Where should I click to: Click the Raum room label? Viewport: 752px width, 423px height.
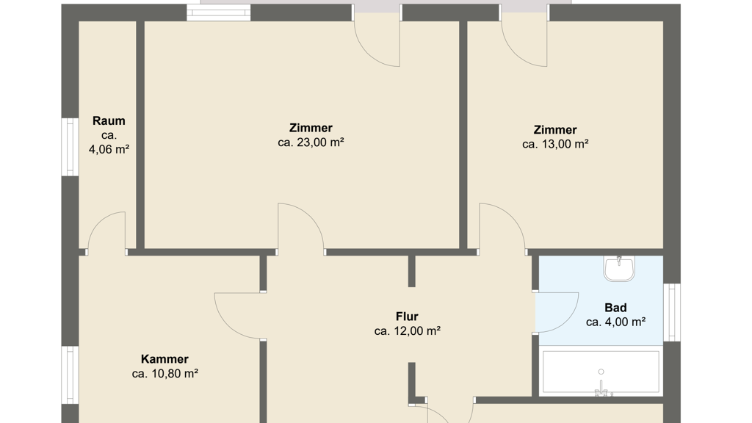(109, 121)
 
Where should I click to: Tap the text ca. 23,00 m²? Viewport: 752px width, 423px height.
(311, 142)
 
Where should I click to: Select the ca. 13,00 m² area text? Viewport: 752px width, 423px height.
(555, 144)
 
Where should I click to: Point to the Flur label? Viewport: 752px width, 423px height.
(407, 317)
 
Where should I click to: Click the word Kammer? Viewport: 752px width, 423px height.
(164, 359)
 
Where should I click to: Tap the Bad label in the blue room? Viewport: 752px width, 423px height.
(616, 308)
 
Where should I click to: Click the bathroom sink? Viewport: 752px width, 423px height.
(619, 268)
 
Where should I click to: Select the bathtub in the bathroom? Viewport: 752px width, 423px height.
(601, 372)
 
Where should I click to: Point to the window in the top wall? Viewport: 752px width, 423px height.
(218, 12)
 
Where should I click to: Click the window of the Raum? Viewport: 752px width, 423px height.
(70, 147)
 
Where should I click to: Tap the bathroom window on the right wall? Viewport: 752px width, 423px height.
(671, 312)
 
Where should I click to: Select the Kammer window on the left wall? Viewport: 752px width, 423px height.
(70, 375)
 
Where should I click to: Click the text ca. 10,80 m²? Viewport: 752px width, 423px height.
(165, 374)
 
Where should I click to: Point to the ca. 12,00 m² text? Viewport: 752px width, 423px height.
(407, 331)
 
